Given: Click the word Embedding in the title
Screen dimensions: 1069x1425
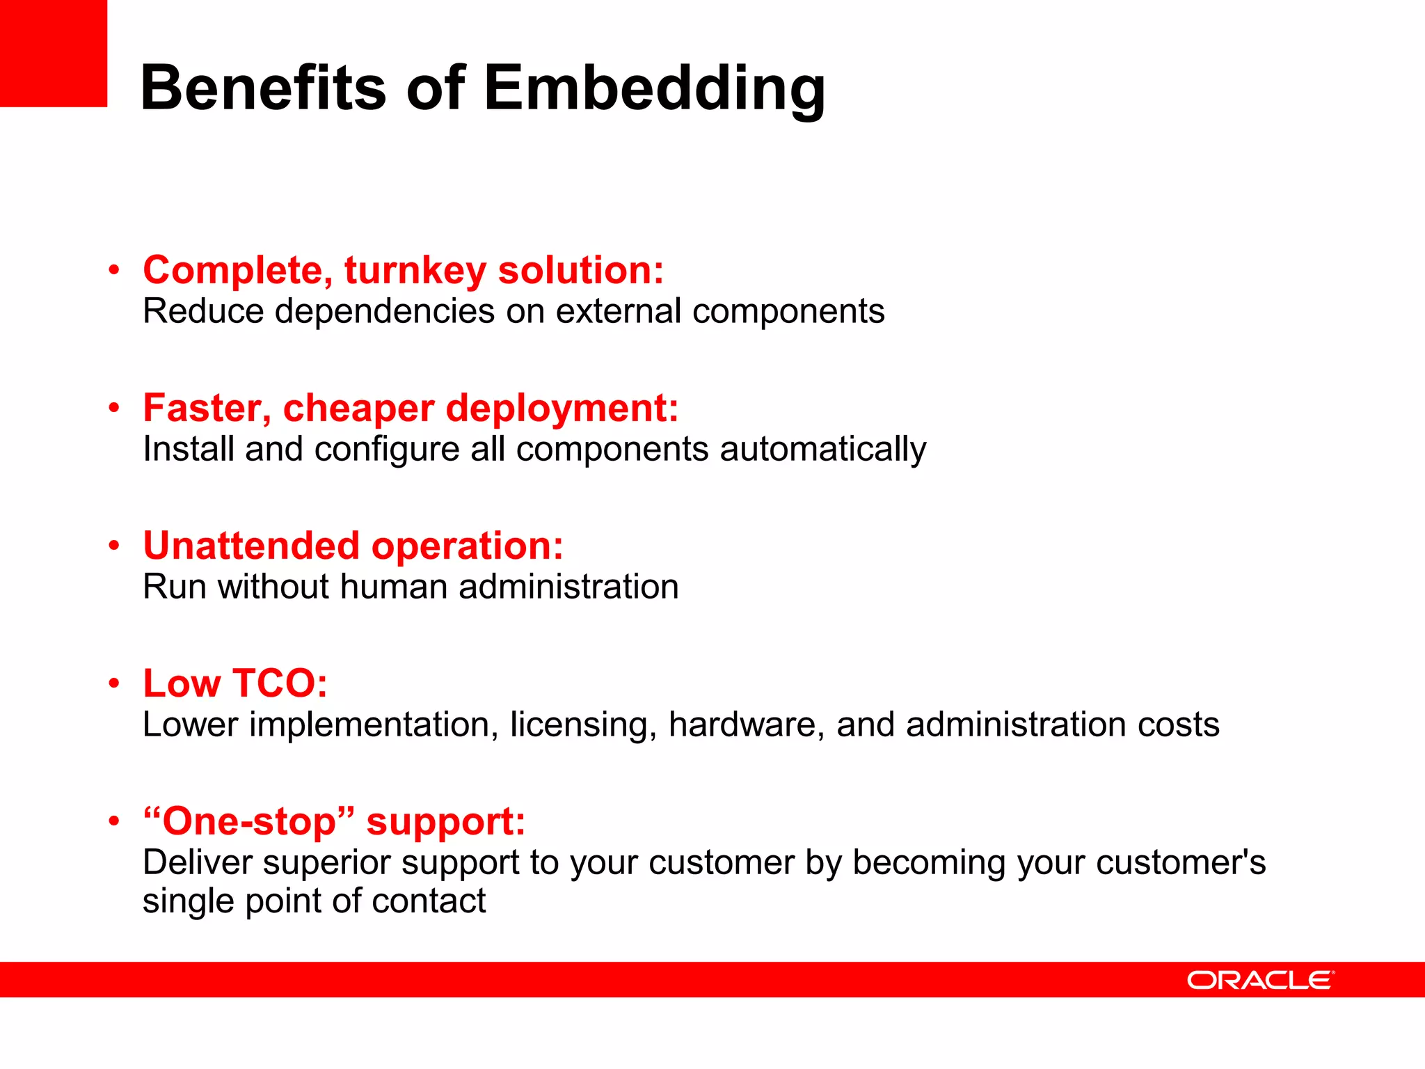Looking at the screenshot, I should [x=654, y=89].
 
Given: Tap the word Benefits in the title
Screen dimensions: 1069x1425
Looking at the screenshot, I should [x=263, y=88].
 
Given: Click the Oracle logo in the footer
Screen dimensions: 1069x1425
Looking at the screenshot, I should [x=1260, y=980].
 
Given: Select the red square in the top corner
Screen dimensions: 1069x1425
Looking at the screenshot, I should [x=53, y=53].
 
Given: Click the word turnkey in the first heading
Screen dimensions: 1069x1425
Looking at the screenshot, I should [x=415, y=270].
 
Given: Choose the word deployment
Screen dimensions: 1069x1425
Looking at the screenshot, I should [x=562, y=408].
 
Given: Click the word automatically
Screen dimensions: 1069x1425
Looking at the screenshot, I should [x=823, y=449].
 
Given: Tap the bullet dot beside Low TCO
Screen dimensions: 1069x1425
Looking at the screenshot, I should [x=114, y=683].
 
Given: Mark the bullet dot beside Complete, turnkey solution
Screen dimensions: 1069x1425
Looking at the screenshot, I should [x=114, y=270].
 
